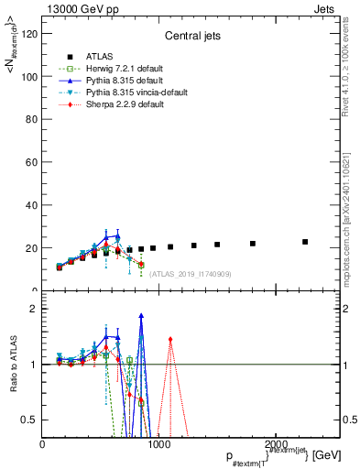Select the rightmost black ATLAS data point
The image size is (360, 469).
tap(305, 242)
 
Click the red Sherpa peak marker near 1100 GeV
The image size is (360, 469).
tap(170, 340)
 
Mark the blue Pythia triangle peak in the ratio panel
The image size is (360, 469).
tap(141, 316)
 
